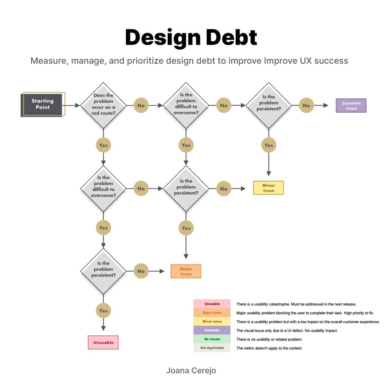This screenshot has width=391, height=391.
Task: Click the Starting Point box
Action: point(43,104)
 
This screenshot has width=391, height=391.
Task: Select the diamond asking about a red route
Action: point(103,105)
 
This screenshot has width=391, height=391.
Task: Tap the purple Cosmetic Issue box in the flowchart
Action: point(351,105)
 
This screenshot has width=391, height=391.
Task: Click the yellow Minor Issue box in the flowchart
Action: point(268,188)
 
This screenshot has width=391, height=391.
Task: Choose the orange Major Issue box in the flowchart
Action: point(186,271)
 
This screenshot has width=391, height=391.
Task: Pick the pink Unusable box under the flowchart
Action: point(103,343)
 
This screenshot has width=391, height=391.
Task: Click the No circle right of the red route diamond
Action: point(141,105)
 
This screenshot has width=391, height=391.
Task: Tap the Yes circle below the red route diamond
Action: point(103,145)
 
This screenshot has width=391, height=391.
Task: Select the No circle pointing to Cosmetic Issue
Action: point(307,105)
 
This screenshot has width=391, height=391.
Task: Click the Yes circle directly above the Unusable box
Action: point(103,311)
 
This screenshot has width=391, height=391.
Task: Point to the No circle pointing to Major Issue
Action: point(141,271)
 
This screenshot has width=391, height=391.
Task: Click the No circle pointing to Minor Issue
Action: point(224,189)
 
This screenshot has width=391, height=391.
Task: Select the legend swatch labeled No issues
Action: point(212,339)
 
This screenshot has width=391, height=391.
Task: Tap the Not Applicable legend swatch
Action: point(212,348)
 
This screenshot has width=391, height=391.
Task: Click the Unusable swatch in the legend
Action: point(212,304)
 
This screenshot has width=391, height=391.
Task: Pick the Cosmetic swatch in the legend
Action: point(212,330)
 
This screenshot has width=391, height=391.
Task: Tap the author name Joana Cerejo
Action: point(191,370)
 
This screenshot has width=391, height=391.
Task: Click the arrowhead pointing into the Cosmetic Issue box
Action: point(326,105)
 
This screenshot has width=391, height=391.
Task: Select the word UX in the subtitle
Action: point(306,61)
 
